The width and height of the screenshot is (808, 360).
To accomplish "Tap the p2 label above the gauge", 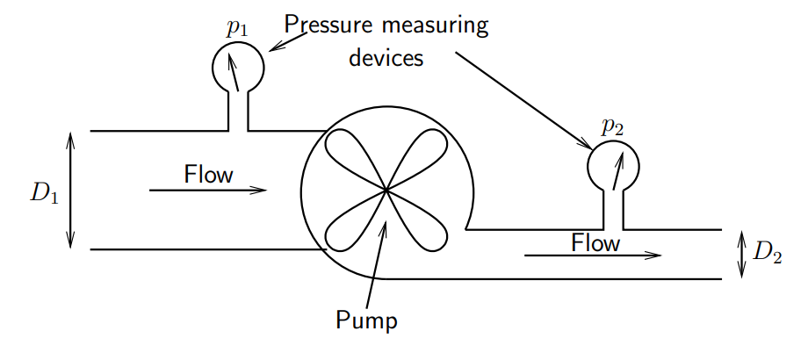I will [612, 126].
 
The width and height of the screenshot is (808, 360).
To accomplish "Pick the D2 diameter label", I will [768, 252].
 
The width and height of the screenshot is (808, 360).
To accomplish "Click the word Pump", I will [366, 319].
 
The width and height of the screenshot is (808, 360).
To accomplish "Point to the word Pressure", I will [327, 25].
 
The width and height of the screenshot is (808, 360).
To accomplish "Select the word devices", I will [386, 58].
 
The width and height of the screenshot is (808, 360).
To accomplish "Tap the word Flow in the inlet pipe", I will [209, 174].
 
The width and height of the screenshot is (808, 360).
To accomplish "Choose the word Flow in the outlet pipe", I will [595, 241].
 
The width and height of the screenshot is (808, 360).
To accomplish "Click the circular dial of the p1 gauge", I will [238, 66].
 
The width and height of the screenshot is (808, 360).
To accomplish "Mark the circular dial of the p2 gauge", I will [613, 164].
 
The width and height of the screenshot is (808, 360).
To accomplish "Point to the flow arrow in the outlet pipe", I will [593, 256].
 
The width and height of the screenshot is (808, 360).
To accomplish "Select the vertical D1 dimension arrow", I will [71, 191].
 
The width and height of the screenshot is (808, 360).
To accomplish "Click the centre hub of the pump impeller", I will [386, 190].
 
